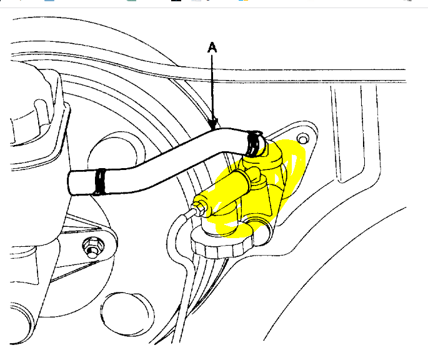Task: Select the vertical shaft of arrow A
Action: point(213,87)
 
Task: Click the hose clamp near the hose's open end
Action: point(99,181)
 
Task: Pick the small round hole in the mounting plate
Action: point(304,138)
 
